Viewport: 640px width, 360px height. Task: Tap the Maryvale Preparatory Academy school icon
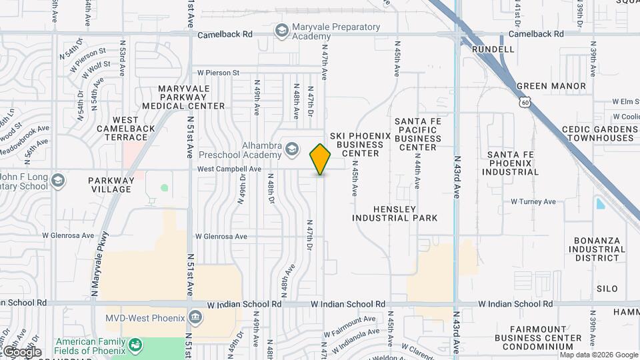click(x=281, y=31)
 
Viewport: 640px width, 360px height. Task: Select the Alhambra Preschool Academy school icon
click(x=291, y=149)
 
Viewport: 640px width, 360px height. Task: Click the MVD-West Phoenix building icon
click(x=195, y=317)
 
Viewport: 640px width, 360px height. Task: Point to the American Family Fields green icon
click(x=136, y=345)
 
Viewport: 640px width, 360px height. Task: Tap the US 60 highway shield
click(x=525, y=102)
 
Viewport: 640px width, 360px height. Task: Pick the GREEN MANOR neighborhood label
click(x=551, y=86)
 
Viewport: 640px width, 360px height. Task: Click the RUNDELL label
click(x=493, y=49)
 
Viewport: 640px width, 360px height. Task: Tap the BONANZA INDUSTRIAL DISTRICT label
click(x=598, y=249)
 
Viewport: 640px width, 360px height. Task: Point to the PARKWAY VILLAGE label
click(x=110, y=185)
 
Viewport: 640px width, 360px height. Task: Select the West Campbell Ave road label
click(x=229, y=169)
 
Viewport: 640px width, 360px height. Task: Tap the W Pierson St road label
click(x=217, y=73)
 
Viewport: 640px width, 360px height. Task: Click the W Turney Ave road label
click(x=533, y=201)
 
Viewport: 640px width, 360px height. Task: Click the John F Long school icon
click(x=58, y=181)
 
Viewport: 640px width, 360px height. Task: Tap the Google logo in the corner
click(x=21, y=351)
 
